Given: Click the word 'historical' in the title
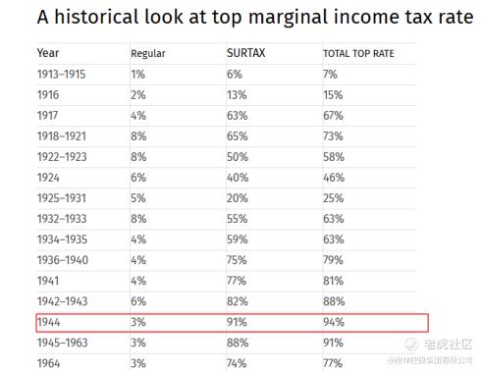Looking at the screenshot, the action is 96,17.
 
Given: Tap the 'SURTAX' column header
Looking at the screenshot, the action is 246,53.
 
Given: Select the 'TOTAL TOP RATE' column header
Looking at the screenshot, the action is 358,53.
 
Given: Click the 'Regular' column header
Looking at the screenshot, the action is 148,54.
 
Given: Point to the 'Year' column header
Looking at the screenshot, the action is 48,53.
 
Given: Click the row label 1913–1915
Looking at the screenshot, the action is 61,75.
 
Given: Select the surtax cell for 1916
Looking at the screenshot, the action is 237,95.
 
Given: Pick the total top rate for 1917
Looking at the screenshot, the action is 333,116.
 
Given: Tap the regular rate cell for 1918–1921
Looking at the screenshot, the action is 138,136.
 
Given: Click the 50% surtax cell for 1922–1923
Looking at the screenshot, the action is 238,157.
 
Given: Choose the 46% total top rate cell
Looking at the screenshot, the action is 334,178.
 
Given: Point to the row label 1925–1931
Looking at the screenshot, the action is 62,198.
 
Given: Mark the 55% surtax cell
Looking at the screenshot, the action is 238,219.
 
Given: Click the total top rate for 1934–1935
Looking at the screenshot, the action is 334,239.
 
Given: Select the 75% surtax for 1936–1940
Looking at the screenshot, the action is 237,260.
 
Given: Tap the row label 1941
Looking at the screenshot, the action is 48,281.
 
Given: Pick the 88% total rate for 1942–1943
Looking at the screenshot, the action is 334,301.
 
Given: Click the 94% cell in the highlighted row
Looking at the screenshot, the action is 334,322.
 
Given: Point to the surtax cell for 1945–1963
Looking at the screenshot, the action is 238,343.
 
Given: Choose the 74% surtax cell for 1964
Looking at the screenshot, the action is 237,363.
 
